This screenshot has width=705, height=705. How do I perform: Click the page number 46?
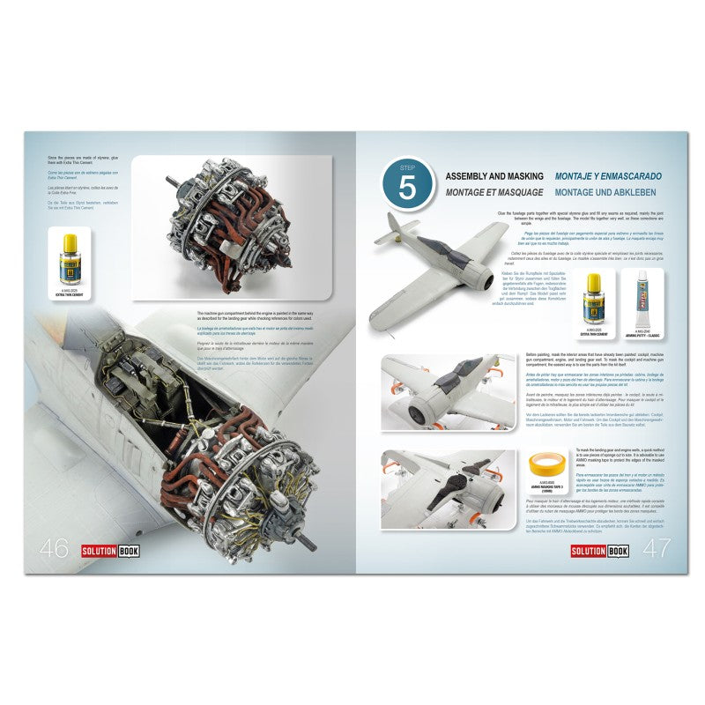click(53, 548)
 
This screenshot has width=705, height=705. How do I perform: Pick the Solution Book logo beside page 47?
click(596, 550)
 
